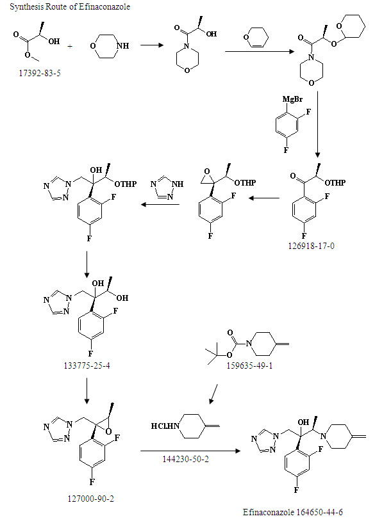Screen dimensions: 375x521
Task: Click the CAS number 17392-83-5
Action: pyautogui.click(x=40, y=73)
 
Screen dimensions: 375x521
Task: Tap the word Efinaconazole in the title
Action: pyautogui.click(x=104, y=6)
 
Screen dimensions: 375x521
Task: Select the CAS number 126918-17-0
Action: pyautogui.click(x=311, y=246)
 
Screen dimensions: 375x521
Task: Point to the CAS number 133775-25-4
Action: pyautogui.click(x=87, y=366)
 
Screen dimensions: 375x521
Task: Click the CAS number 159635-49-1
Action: pyautogui.click(x=249, y=366)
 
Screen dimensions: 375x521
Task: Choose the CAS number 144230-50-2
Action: pyautogui.click(x=186, y=459)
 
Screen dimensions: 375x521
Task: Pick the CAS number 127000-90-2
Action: pyautogui.click(x=90, y=499)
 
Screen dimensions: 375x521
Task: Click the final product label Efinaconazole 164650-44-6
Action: pyautogui.click(x=293, y=512)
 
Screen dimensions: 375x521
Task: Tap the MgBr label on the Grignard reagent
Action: pyautogui.click(x=292, y=99)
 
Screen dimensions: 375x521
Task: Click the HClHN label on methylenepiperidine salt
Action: pyautogui.click(x=165, y=426)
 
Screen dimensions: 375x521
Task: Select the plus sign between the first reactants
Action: pyautogui.click(x=70, y=46)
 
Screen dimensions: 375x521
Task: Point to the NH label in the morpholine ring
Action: pyautogui.click(x=123, y=46)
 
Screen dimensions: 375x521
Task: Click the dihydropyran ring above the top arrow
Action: pyautogui.click(x=256, y=37)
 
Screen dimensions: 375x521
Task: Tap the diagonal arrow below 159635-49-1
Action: pyautogui.click(x=213, y=394)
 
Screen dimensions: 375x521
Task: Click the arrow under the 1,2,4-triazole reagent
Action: pyautogui.click(x=160, y=204)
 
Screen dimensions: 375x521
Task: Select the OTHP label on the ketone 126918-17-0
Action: pyautogui.click(x=335, y=182)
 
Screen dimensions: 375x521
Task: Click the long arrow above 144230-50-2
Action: pyautogui.click(x=190, y=451)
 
